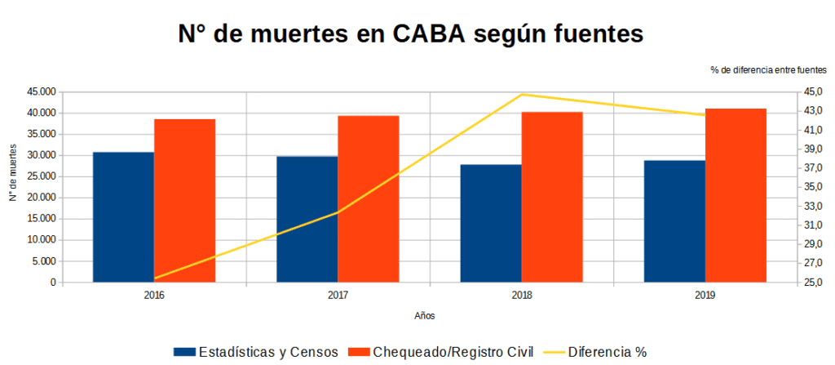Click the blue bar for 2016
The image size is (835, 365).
123,217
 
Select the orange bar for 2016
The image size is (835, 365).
184,201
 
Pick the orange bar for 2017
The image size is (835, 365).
369,199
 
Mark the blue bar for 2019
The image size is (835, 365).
674,221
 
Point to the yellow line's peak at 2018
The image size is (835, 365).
522,95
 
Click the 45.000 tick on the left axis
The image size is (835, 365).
41,91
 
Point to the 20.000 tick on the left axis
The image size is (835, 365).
41,198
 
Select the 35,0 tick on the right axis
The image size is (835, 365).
815,187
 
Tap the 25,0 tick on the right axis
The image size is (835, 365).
815,283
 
